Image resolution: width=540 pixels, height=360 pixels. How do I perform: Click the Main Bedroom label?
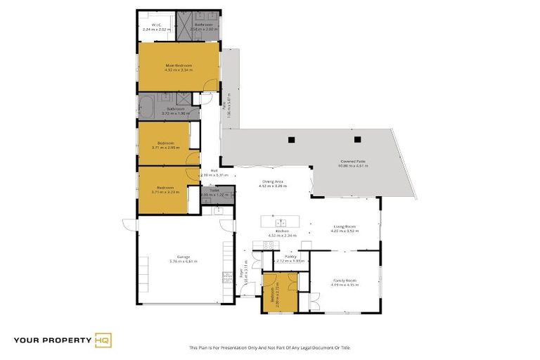coord(178,65)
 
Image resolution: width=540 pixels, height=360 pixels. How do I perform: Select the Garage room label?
coord(183,257)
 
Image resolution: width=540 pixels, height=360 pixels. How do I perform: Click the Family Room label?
coord(345,280)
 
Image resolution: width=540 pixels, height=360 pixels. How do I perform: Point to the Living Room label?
coord(345,226)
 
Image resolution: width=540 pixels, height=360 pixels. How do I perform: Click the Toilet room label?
coord(214,190)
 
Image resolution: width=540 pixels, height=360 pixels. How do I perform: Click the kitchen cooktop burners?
coord(267,244)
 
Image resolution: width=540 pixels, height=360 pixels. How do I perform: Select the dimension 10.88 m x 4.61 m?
coord(353,166)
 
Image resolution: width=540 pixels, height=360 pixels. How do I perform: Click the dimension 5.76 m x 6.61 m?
coord(183,262)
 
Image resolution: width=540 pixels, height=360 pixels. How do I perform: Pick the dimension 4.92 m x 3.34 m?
coord(178,70)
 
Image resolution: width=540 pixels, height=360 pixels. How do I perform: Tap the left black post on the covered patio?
coord(290,139)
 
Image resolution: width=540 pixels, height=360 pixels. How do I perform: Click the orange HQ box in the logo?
coord(103,340)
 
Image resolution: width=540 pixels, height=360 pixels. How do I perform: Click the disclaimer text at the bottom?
coord(269,347)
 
